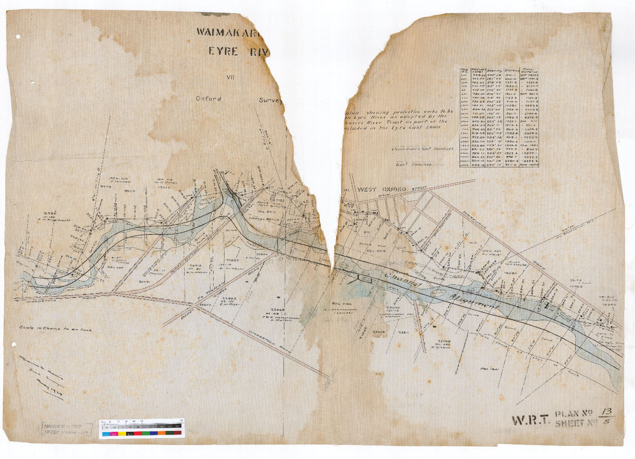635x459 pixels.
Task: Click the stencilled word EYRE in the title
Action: (223, 51)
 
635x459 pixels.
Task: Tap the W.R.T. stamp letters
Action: (530, 420)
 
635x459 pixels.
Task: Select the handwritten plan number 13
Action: (604, 412)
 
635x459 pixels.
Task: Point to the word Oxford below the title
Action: (208, 98)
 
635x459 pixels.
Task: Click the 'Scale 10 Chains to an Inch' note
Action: (55, 329)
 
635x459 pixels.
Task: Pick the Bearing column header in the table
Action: (494, 70)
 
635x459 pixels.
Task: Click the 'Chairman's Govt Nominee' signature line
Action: (422, 148)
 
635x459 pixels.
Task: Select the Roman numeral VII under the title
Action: (230, 77)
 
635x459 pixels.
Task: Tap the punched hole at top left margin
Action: (19, 36)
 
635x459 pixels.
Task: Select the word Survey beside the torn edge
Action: (270, 100)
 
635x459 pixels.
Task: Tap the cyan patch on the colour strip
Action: (105, 434)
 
